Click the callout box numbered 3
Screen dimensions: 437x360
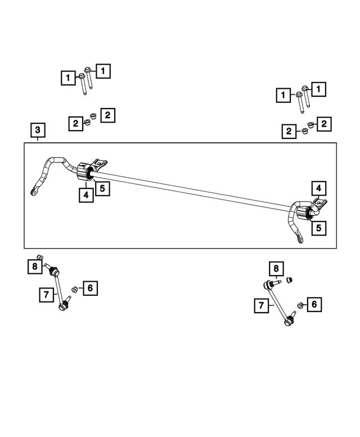pos(37,132)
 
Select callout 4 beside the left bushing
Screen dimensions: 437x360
pos(85,195)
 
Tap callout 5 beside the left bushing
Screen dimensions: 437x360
pos(102,188)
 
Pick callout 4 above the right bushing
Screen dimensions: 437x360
pos(318,188)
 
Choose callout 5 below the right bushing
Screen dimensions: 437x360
pos(318,228)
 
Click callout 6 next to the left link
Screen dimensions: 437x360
pos(90,289)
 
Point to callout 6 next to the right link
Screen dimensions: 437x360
pos(314,304)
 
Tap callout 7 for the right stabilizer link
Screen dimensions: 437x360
pos(260,306)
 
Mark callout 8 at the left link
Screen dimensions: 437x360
pos(34,266)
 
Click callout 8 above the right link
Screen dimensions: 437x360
pos(276,269)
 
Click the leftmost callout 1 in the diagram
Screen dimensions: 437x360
pos(68,78)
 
